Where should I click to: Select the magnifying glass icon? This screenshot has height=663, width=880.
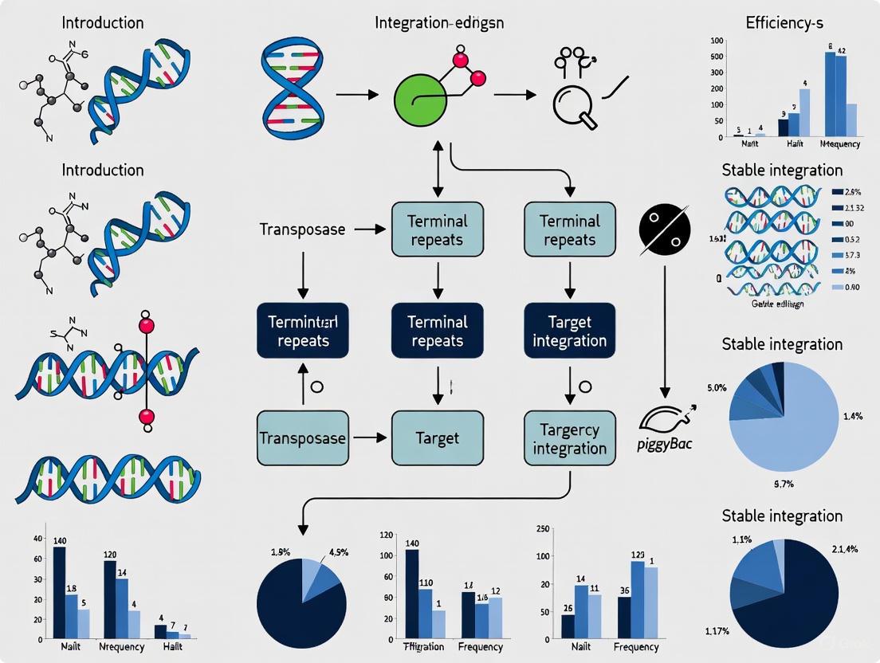point(572,104)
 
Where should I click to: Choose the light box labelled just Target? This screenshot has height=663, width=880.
point(438,438)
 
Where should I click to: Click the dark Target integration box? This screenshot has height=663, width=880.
point(569,331)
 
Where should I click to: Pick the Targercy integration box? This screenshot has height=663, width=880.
point(569,438)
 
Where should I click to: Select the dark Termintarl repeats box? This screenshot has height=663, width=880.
point(303,331)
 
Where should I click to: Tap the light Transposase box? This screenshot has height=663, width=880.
point(303,438)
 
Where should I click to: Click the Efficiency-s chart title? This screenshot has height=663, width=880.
point(784,22)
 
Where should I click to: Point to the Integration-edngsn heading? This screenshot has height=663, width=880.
point(439,22)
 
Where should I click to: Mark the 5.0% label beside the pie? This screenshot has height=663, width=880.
point(717,388)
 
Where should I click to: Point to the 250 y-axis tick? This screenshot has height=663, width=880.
point(544,530)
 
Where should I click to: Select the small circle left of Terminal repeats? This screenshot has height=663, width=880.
point(316,386)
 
